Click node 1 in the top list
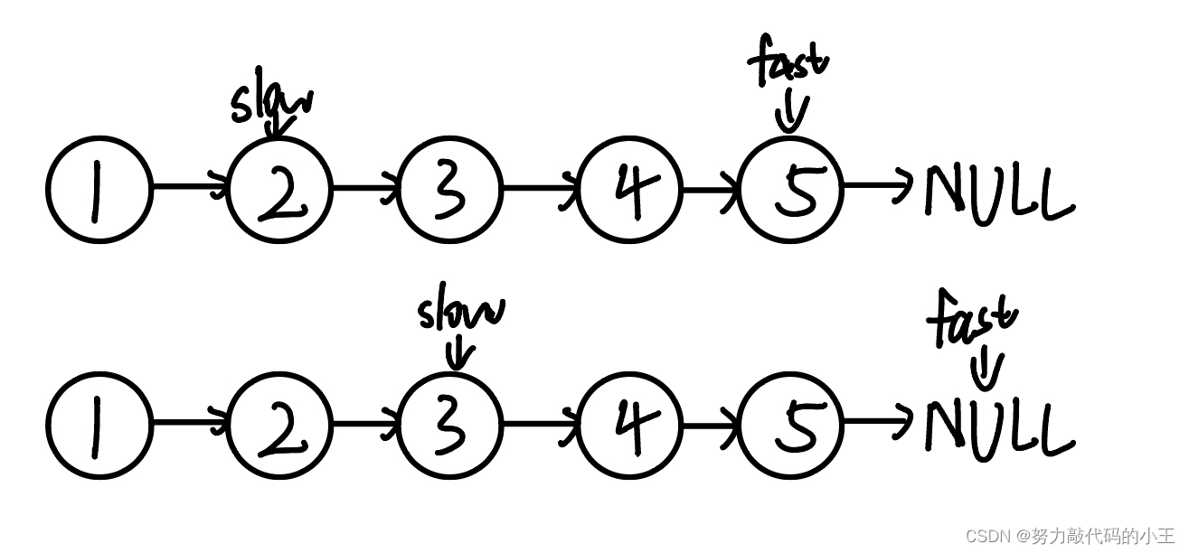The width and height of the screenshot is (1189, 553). [99, 190]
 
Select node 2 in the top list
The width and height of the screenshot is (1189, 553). [279, 190]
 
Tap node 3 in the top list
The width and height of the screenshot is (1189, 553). [449, 190]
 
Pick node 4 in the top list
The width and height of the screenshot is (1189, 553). [629, 190]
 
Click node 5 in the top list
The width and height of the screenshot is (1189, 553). [791, 190]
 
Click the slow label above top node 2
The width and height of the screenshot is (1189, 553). [272, 98]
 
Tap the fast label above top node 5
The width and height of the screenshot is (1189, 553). [788, 60]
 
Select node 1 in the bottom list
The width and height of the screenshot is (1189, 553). [99, 426]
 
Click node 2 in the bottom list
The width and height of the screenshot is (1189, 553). [279, 426]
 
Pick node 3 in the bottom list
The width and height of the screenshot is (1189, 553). [449, 426]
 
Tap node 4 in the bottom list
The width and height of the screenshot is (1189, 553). [629, 426]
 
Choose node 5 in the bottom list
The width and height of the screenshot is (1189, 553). [791, 426]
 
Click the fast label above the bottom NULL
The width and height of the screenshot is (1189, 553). [972, 318]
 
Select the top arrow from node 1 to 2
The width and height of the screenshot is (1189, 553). [190, 186]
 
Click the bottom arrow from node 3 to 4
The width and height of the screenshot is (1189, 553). [540, 424]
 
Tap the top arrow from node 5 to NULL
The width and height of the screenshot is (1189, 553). [878, 185]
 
